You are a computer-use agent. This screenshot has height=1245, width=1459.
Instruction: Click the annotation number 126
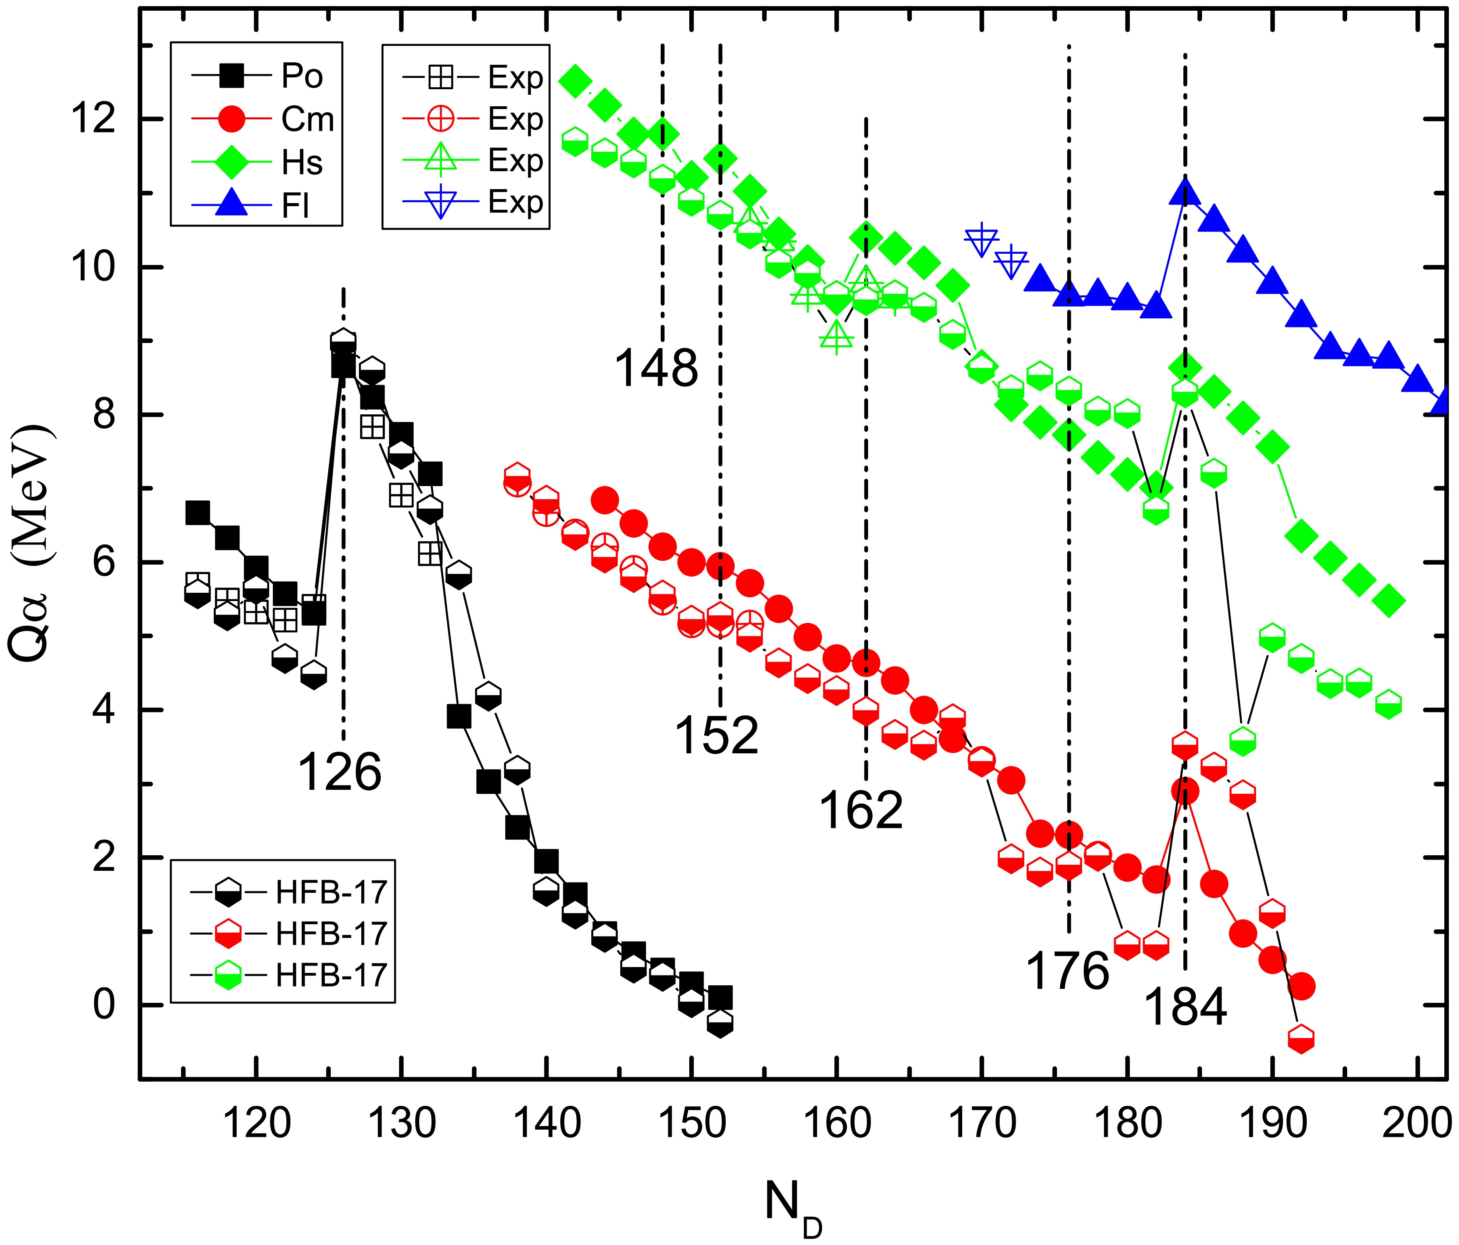coord(339,772)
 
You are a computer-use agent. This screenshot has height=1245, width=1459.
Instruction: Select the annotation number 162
coord(861,810)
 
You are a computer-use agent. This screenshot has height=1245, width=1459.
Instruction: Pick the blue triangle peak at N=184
coord(1185,192)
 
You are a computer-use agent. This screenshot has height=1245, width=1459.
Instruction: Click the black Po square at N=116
coord(198,513)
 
